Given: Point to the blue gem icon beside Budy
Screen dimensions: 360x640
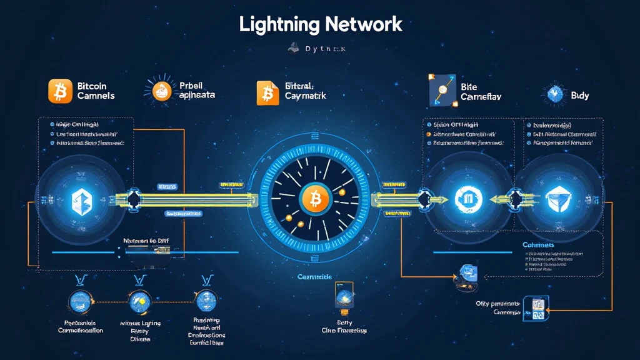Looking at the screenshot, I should [x=555, y=94].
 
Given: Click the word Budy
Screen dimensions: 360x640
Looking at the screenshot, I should [x=579, y=96].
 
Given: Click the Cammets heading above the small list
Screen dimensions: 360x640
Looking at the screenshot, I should [x=537, y=246].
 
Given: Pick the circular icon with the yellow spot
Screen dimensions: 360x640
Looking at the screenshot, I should [x=140, y=301].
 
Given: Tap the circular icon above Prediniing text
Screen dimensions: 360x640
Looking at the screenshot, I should [x=206, y=301].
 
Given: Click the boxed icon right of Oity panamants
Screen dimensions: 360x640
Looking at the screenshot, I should [x=535, y=307].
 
